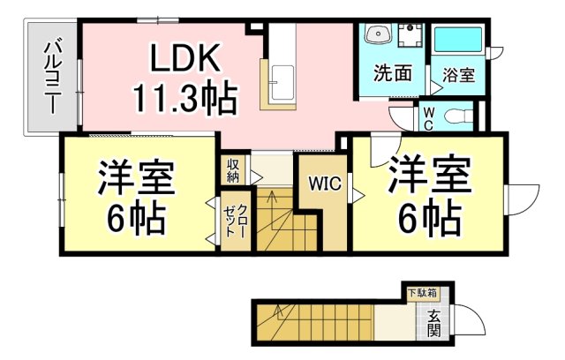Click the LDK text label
(x=185, y=59)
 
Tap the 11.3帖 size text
(x=185, y=97)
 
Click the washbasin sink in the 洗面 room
(x=379, y=34)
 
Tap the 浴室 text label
(x=459, y=75)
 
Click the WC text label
(x=427, y=116)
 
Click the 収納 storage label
(x=233, y=169)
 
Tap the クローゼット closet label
(x=236, y=226)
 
